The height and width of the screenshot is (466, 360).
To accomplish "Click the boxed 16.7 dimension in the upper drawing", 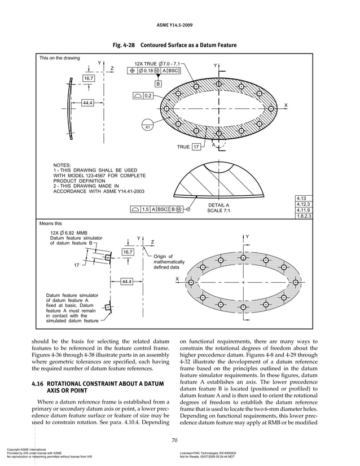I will pos(89,79).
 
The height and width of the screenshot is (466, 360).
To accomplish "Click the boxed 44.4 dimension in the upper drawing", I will pos(88,103).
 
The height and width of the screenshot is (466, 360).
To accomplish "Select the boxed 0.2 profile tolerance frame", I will pos(148,96).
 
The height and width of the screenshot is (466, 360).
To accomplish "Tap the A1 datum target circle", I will pos(148,127).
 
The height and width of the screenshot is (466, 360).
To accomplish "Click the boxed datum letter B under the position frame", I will pos(159,83).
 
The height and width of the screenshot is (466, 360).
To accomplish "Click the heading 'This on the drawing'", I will pos(59,58).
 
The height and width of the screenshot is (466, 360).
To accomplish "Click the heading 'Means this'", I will pos(51,223).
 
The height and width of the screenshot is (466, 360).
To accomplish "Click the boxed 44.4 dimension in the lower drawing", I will pos(129,280).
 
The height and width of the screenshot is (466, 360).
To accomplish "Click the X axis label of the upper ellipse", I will pos(286,105).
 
